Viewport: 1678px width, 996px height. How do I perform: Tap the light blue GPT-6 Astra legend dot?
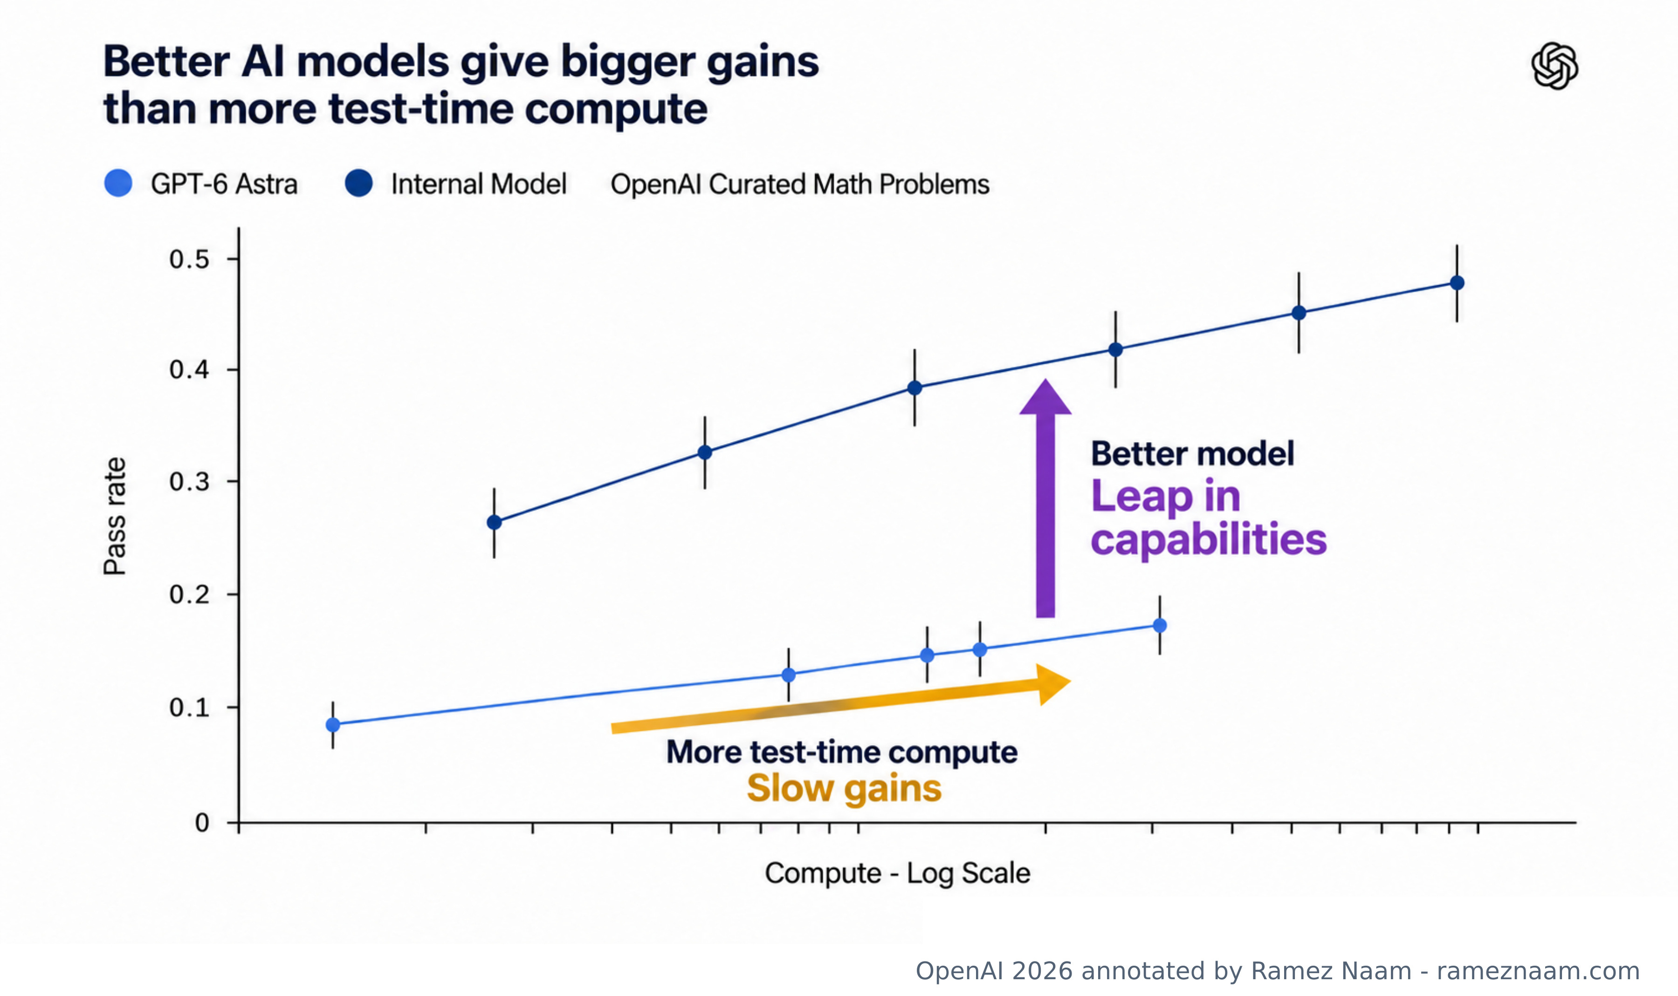click(x=118, y=183)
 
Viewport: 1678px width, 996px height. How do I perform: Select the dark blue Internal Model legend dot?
click(x=358, y=183)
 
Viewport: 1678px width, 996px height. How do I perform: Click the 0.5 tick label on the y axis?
click(x=189, y=259)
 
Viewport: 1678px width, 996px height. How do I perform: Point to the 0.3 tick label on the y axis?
click(x=189, y=481)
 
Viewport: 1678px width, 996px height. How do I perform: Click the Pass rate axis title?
click(x=115, y=516)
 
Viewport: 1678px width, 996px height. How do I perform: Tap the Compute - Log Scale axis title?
click(x=897, y=873)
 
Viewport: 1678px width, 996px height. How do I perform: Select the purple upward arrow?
click(x=1045, y=498)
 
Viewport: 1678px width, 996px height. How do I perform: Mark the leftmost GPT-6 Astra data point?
click(x=332, y=724)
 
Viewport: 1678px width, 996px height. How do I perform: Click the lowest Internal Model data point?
click(x=494, y=522)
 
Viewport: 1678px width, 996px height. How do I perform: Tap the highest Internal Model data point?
click(x=1457, y=283)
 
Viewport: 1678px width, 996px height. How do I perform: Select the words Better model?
click(x=1192, y=454)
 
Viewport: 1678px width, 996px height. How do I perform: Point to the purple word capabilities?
click(x=1208, y=539)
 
